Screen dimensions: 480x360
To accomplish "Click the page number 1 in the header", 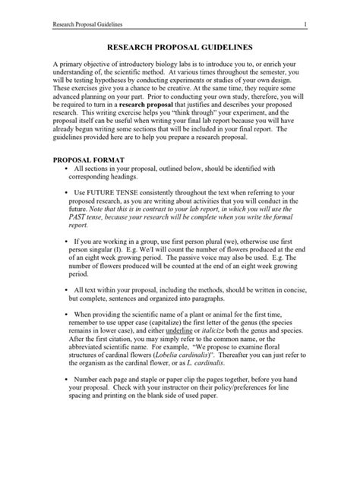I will coord(304,25).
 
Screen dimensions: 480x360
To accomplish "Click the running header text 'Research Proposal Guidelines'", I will coord(85,25).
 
